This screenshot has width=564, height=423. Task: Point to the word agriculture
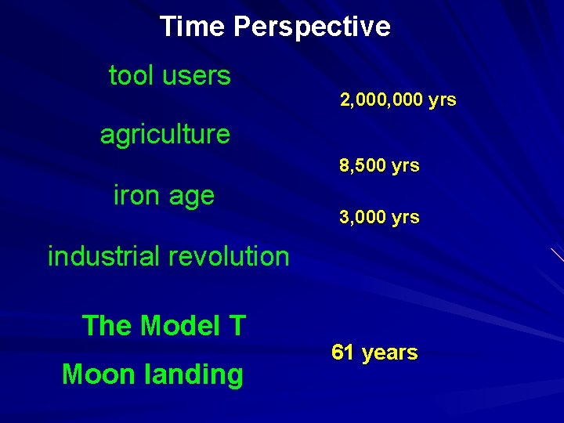[x=164, y=135]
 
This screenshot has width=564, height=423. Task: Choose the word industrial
[x=102, y=256]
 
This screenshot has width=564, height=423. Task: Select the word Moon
[x=98, y=374]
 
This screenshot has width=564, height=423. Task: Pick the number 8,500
[x=363, y=166]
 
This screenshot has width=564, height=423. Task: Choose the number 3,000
[x=363, y=217]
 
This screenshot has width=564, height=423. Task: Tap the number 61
[x=342, y=352]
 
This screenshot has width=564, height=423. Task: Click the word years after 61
[x=389, y=353]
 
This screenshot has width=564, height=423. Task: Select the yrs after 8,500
[x=406, y=166]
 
